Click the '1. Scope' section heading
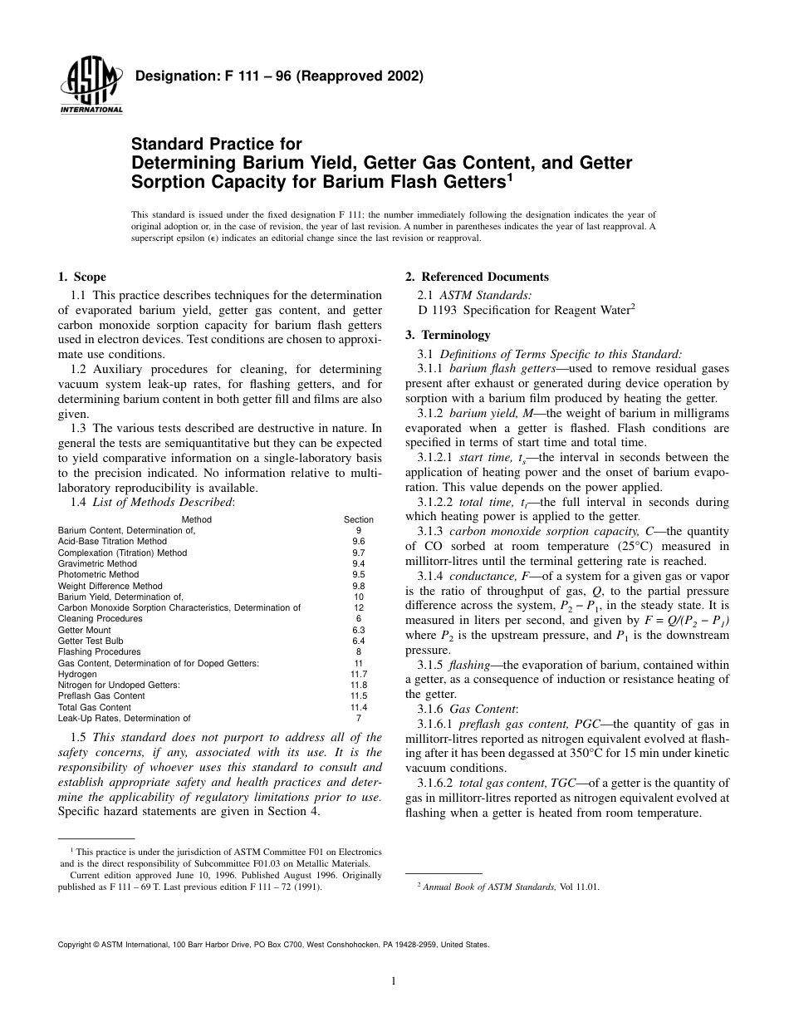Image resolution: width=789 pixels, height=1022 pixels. (x=81, y=277)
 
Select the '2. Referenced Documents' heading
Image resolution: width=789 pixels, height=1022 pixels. (x=477, y=277)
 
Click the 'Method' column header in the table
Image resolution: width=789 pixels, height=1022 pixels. (x=196, y=519)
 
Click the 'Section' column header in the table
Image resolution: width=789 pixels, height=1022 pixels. (x=359, y=519)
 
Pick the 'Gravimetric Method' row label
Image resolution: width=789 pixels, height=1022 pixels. (x=97, y=563)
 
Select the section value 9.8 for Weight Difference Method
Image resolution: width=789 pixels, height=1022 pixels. (x=359, y=586)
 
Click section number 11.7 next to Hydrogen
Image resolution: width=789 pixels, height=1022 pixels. (x=359, y=674)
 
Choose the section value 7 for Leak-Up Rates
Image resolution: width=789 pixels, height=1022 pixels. (x=359, y=718)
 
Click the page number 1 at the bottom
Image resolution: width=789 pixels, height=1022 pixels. (x=394, y=980)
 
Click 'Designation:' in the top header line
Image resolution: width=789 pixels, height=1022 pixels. (x=171, y=76)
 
